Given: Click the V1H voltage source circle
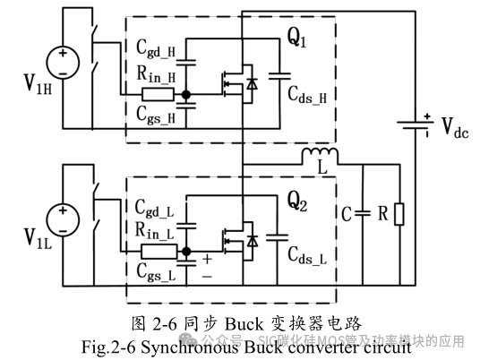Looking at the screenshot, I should coord(63,60).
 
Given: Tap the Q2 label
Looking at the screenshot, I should coord(297,201).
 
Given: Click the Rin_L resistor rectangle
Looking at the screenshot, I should coord(158,251).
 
